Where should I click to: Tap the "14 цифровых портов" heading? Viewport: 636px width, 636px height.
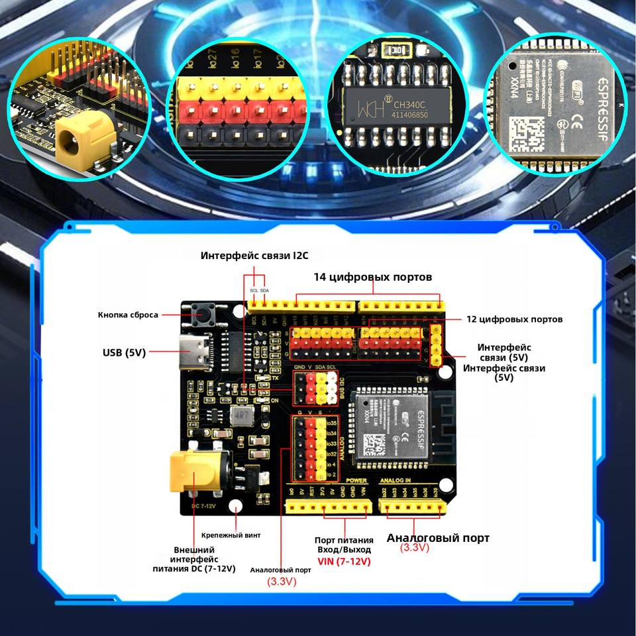tap(372, 276)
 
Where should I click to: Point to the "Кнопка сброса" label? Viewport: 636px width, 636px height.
tap(128, 315)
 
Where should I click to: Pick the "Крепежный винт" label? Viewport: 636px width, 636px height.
tap(231, 535)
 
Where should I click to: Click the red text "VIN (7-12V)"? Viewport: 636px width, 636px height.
tap(343, 562)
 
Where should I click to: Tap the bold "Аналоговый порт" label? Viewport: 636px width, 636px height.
tap(438, 538)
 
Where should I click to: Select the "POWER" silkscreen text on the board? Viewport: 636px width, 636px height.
tap(356, 480)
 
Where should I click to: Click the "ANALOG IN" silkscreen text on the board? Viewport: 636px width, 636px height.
tap(396, 480)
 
